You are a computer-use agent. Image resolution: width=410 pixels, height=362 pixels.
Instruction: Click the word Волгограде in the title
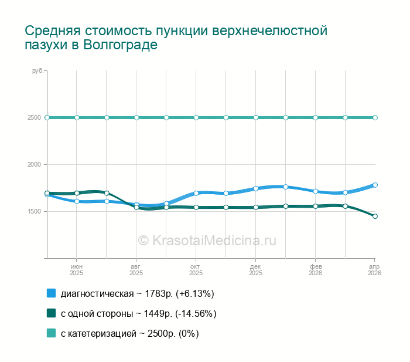point(121,45)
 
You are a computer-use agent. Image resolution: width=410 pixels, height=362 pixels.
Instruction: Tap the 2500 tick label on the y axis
point(35,117)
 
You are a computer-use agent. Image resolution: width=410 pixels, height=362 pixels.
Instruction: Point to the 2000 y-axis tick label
point(35,164)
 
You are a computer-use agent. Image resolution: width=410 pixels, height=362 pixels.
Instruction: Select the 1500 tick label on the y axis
point(35,211)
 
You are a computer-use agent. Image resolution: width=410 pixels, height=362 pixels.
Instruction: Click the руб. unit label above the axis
point(38,71)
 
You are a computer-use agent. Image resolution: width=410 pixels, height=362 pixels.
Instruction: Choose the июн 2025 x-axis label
point(76,270)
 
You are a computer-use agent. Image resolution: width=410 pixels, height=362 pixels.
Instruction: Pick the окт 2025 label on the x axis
point(196,270)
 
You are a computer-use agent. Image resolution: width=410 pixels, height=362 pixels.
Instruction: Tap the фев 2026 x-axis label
point(315,270)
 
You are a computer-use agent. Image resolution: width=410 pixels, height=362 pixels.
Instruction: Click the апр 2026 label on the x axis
point(374,270)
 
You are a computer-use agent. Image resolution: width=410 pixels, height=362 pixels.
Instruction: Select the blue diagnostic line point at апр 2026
point(375,185)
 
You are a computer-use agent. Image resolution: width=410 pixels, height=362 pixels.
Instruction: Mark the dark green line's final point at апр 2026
point(375,216)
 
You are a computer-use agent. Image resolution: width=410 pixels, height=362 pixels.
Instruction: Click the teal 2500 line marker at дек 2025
point(256,117)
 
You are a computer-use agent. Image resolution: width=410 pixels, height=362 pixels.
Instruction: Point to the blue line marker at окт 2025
point(196,193)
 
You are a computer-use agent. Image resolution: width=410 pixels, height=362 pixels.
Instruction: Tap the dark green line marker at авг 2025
point(136,208)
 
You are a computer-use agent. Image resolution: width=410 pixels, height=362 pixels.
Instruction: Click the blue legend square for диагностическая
point(52,293)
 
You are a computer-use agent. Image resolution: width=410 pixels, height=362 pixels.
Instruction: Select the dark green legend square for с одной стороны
point(52,313)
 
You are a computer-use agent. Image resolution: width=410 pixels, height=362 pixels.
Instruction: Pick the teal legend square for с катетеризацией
point(52,333)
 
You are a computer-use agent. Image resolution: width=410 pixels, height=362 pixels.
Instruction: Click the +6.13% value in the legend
point(195,293)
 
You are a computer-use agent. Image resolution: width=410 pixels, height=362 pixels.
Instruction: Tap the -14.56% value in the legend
point(196,313)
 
